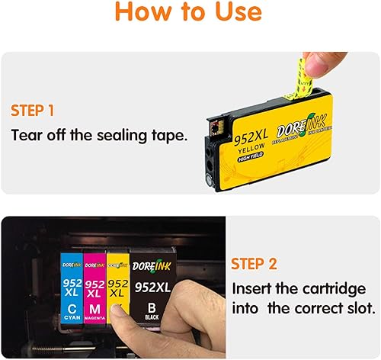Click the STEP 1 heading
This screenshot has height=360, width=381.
coord(32,111)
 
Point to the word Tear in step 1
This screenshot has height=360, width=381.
coord(28,136)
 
